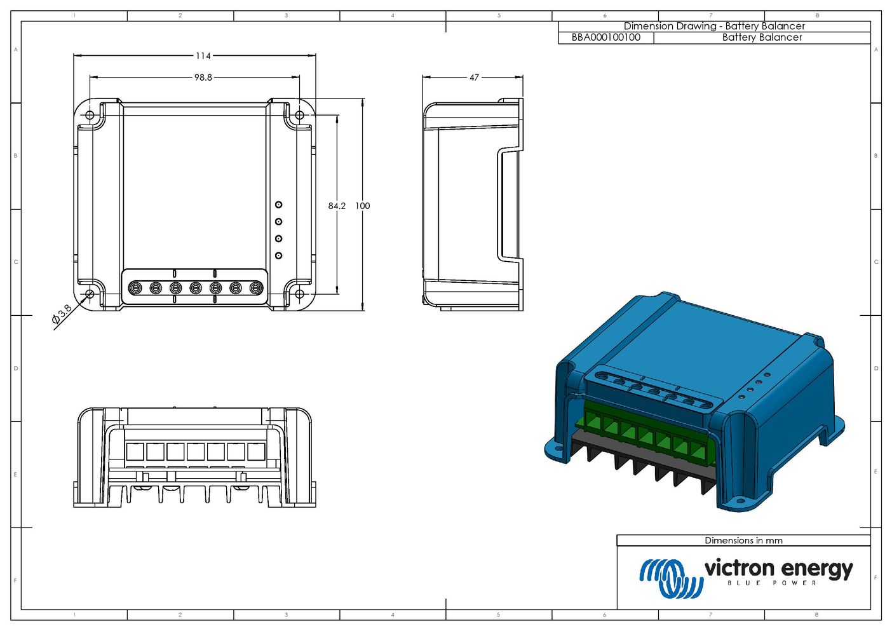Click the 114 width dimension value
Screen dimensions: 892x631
click(203, 56)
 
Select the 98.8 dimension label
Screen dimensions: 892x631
click(203, 78)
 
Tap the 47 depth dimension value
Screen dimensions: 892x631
click(474, 78)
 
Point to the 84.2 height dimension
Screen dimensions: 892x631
click(337, 205)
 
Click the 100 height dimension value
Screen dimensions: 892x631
click(362, 205)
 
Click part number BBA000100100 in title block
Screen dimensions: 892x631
click(606, 37)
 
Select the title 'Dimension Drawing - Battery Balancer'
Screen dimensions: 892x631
click(714, 26)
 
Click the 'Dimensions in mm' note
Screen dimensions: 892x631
click(743, 541)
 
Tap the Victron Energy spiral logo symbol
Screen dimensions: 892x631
click(671, 578)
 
